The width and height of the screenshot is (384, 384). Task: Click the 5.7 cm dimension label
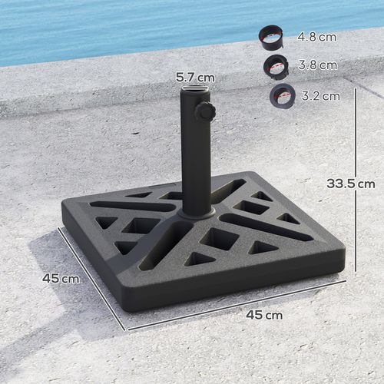tap(194, 77)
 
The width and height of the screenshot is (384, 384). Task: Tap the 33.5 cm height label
tap(350, 184)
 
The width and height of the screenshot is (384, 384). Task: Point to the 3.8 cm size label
tap(315, 65)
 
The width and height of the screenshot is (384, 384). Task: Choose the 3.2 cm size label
tap(319, 96)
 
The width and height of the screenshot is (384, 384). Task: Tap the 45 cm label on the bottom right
tap(263, 315)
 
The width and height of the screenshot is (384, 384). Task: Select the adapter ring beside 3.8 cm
tap(276, 65)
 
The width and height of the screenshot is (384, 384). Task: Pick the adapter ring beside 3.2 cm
tap(282, 95)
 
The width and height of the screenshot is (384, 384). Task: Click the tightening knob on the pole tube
tap(205, 112)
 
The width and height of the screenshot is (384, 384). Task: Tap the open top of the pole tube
tap(194, 92)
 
